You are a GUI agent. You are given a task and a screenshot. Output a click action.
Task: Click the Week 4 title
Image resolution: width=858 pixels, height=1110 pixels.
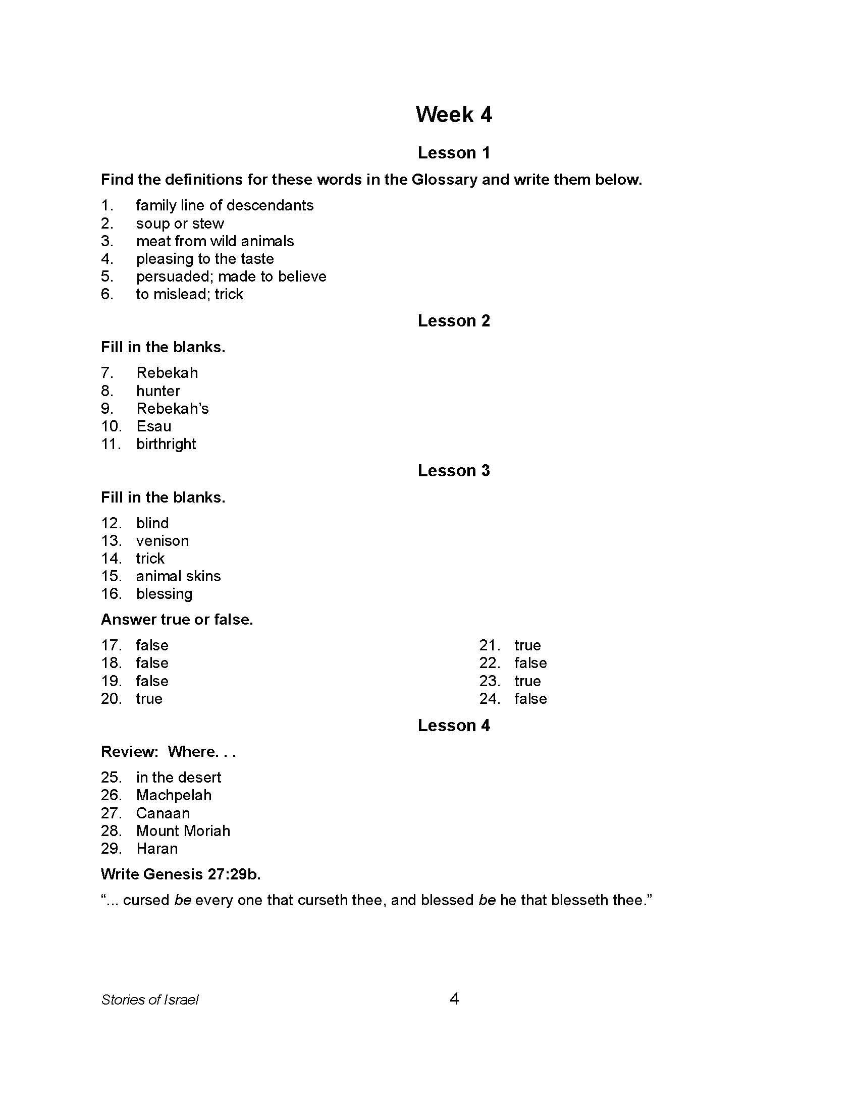tap(453, 115)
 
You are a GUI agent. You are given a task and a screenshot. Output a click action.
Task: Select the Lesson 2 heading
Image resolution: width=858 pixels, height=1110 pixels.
tap(453, 321)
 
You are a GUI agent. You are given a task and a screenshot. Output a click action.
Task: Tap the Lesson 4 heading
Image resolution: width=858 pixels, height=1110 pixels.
tap(453, 725)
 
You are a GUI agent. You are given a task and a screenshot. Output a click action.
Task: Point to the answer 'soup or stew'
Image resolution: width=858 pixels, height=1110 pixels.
tap(180, 223)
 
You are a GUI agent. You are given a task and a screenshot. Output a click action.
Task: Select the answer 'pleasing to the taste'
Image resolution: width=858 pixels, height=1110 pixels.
tap(205, 259)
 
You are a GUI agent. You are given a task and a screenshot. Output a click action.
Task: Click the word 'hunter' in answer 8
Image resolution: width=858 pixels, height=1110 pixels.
tap(158, 391)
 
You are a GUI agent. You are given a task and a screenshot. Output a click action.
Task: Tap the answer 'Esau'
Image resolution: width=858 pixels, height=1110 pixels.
tap(153, 426)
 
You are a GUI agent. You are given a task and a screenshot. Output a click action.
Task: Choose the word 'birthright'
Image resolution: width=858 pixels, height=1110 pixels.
tap(166, 443)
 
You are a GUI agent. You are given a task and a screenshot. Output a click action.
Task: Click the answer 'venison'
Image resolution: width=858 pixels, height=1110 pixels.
tap(162, 541)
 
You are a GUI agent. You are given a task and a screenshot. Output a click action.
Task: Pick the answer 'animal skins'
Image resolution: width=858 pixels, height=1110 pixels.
tap(178, 576)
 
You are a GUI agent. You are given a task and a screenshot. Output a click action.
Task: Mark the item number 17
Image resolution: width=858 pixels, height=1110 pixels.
tap(111, 645)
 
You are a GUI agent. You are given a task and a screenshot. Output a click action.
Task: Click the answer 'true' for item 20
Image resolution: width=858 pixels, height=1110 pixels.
tap(149, 699)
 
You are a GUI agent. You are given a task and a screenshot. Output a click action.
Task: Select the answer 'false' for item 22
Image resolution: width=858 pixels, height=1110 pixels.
tap(530, 663)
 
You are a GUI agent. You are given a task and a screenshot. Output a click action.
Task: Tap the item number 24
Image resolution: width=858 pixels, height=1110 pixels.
tap(490, 699)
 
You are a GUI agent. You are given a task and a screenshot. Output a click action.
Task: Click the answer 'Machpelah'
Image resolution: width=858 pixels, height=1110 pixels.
tap(173, 795)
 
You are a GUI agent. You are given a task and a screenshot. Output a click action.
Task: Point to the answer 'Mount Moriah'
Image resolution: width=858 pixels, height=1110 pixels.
tap(183, 830)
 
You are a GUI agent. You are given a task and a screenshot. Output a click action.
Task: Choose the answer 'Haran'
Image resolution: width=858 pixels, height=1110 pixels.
tap(156, 848)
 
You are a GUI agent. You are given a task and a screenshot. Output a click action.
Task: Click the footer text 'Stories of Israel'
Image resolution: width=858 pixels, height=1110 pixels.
tap(149, 1000)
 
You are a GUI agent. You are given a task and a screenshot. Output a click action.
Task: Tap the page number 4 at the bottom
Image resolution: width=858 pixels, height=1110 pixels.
tap(454, 999)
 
